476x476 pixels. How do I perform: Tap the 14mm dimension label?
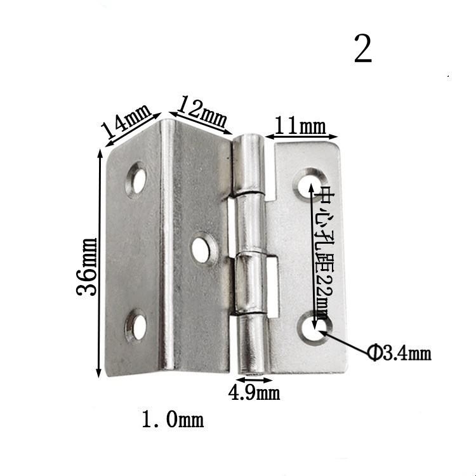(126, 121)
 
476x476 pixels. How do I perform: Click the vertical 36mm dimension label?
(87, 266)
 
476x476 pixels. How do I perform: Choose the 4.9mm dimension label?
(254, 393)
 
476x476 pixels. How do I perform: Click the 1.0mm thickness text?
(173, 420)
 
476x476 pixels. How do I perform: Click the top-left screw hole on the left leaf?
(137, 179)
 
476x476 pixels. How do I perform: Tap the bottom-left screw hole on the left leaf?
(136, 326)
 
